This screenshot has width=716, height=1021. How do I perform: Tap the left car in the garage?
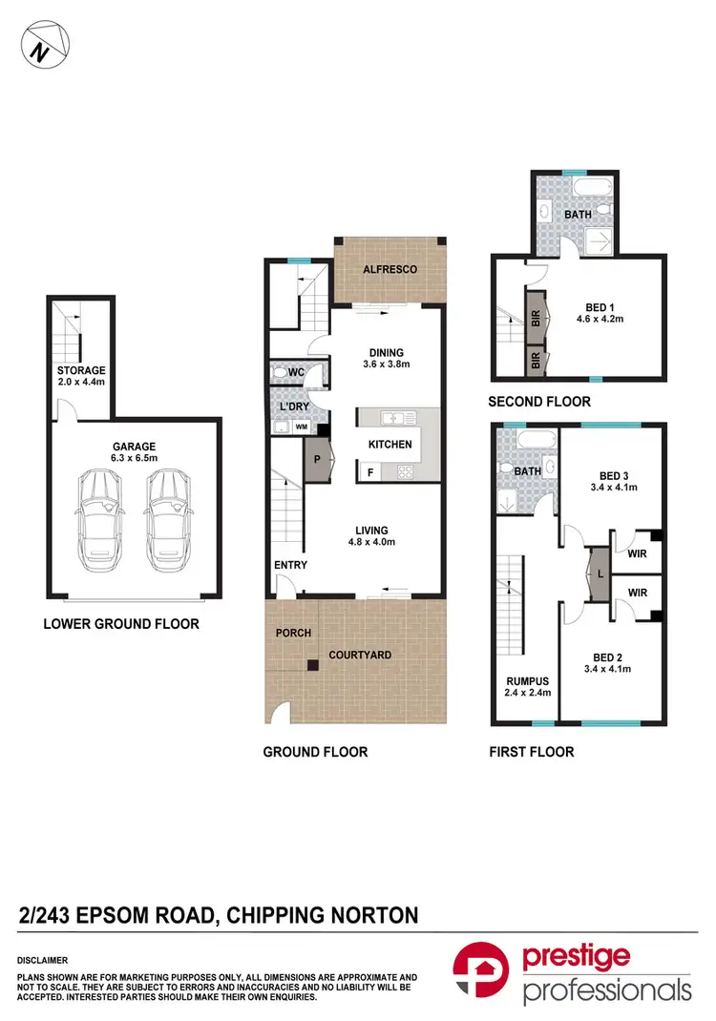99,519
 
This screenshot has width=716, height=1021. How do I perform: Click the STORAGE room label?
81,370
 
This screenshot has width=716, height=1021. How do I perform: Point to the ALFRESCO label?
390,270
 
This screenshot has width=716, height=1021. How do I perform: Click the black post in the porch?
311,666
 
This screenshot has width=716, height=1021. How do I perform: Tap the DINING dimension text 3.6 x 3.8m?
386,365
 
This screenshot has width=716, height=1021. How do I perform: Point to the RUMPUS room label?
526,679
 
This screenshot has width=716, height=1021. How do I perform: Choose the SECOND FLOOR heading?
538,402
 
